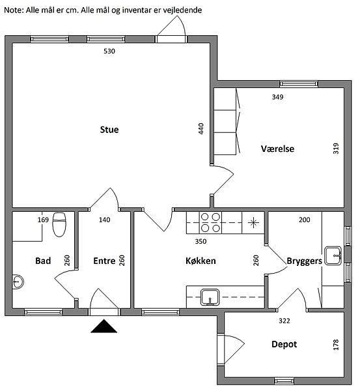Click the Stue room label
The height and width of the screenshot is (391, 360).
109,130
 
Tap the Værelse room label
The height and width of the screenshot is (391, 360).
277,149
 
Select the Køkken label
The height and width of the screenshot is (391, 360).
201,261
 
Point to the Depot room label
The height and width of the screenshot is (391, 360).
284,344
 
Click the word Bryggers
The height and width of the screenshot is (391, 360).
305,261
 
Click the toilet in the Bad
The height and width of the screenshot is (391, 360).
59,224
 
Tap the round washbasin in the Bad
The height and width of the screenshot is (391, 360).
18,282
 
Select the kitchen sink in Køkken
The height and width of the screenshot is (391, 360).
210,297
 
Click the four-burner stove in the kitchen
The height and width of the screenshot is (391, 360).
210,223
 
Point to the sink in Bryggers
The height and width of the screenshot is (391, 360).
333,256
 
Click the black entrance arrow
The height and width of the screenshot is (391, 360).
104,326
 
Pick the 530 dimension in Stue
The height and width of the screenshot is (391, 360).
109,51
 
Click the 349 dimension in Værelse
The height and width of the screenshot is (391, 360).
277,96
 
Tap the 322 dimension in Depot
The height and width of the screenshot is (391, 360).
284,321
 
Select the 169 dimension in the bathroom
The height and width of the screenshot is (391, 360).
43,220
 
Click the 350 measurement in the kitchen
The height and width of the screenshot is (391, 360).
201,241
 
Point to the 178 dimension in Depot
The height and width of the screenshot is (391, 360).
336,345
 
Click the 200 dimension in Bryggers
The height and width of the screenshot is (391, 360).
305,220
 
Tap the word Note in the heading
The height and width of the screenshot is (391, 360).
14,10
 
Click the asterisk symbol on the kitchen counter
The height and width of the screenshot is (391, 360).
253,223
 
